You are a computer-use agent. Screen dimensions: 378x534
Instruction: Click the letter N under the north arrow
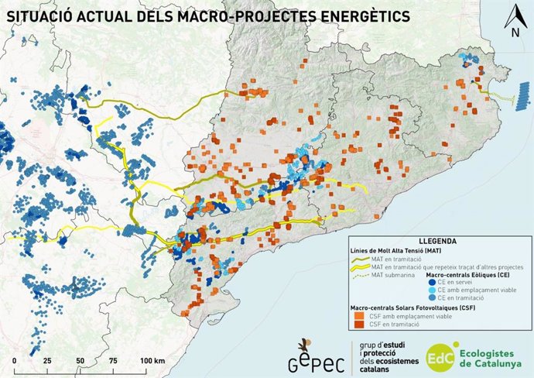click(515, 33)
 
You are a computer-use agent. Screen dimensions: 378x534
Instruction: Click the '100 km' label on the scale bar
click(153, 362)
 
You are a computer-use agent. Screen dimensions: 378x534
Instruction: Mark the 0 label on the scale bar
click(15, 362)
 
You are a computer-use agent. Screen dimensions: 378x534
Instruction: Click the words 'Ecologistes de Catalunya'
click(490, 356)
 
